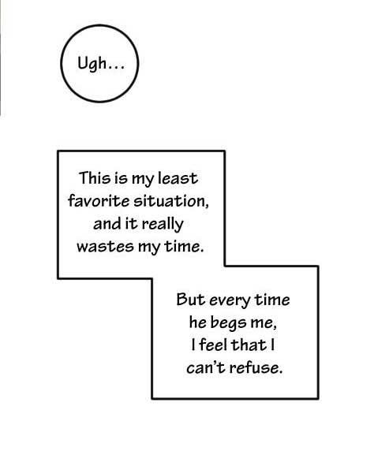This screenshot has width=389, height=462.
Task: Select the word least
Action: click(178, 178)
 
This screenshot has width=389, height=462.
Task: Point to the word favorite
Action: click(99, 201)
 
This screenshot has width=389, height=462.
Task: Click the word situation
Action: click(170, 201)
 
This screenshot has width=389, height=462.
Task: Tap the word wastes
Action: click(105, 247)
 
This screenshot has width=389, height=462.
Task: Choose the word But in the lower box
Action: click(190, 300)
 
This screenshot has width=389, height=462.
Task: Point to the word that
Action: click(249, 345)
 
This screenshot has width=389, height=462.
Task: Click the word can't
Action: click(206, 367)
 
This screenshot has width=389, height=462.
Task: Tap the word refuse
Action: click(255, 367)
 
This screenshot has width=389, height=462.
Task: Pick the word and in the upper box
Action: click(107, 224)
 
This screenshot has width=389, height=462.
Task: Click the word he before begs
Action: click(197, 322)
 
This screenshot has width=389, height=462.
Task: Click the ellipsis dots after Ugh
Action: click(116, 69)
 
